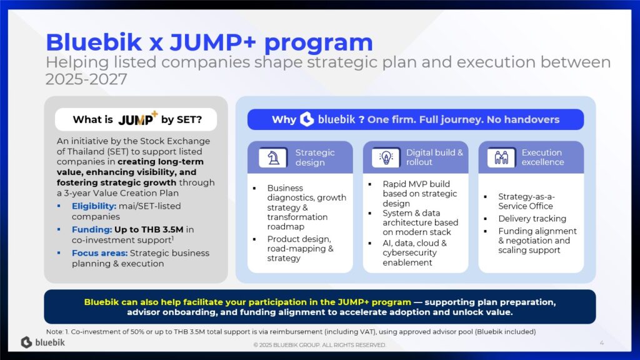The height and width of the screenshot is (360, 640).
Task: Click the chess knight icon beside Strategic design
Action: click(x=274, y=157)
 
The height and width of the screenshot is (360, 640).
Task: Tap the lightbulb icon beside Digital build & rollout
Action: click(x=386, y=157)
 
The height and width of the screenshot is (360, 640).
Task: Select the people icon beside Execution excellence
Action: click(x=502, y=157)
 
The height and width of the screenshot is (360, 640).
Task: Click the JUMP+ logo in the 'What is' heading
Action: click(x=137, y=119)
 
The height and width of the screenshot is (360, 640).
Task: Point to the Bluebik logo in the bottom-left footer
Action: click(x=43, y=342)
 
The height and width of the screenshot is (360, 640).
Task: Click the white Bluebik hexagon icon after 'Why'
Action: click(x=307, y=119)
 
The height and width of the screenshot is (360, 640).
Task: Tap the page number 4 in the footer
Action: click(x=602, y=343)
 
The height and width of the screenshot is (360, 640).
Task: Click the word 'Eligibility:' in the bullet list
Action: click(x=94, y=206)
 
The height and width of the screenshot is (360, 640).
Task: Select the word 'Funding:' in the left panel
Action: click(x=92, y=229)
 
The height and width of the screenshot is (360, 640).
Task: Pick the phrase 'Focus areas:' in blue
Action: click(x=99, y=253)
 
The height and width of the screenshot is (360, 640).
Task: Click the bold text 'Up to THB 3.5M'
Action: click(x=149, y=229)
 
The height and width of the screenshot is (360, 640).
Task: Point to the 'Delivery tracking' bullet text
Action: click(x=532, y=219)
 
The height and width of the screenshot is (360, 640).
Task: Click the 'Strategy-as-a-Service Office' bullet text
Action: click(x=526, y=201)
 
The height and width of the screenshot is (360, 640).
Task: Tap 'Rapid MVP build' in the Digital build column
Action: click(x=416, y=184)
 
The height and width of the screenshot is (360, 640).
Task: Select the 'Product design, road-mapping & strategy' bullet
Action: click(x=301, y=249)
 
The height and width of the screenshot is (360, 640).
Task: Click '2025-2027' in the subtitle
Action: click(x=86, y=79)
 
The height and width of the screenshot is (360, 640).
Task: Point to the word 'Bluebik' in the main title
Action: click(x=94, y=42)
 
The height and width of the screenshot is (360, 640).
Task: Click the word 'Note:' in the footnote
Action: click(x=55, y=332)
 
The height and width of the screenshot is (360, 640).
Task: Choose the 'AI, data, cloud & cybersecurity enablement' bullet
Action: click(x=415, y=252)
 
